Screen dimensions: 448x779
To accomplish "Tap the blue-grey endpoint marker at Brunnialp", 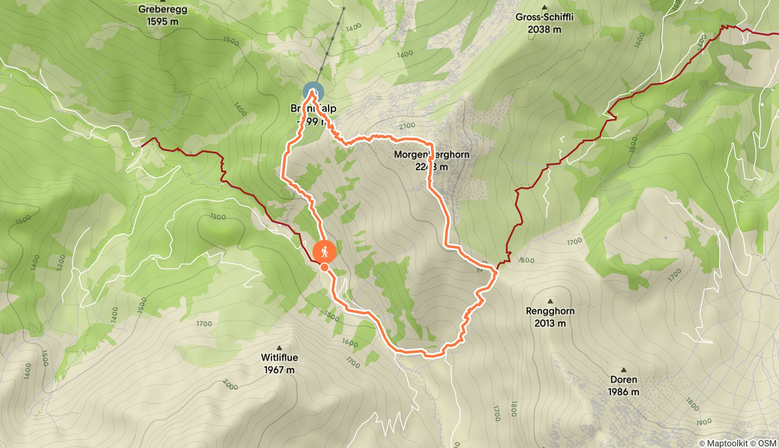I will pyautogui.click(x=313, y=92).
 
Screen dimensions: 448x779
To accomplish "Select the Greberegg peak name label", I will pyautogui.click(x=162, y=9).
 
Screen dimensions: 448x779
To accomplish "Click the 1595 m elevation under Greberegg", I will pyautogui.click(x=162, y=22).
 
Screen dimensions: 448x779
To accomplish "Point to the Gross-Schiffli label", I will pyautogui.click(x=544, y=17).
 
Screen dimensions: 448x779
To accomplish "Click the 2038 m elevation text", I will pyautogui.click(x=544, y=29).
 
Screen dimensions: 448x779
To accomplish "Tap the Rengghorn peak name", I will pyautogui.click(x=550, y=311).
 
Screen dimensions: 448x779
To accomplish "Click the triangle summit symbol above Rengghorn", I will pyautogui.click(x=550, y=301).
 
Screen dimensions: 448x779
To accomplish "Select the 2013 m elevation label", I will pyautogui.click(x=550, y=323).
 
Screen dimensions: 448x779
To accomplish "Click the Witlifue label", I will pyautogui.click(x=279, y=358).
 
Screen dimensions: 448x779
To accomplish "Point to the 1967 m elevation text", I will pyautogui.click(x=279, y=370).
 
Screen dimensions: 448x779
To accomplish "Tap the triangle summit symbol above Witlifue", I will pyautogui.click(x=279, y=348).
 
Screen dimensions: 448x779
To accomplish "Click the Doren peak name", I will pyautogui.click(x=623, y=380).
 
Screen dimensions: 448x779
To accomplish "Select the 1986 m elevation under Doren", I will pyautogui.click(x=623, y=392).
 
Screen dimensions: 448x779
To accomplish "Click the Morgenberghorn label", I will pyautogui.click(x=431, y=154).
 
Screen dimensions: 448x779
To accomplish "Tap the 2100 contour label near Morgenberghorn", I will pyautogui.click(x=407, y=126).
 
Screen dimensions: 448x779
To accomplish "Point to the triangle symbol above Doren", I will pyautogui.click(x=623, y=370).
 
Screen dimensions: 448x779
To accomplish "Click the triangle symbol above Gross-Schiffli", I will pyautogui.click(x=544, y=7).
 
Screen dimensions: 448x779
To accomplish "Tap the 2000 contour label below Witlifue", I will pyautogui.click(x=231, y=385).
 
